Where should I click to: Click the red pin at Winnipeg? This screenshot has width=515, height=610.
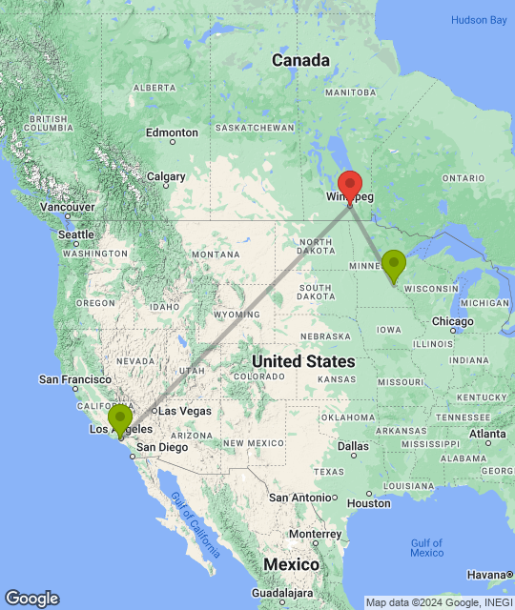(x=350, y=185)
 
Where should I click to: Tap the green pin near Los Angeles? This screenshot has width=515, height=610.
(x=119, y=419)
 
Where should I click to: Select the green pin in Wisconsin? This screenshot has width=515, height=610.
(x=393, y=264)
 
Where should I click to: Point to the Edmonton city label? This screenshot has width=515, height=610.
(x=172, y=132)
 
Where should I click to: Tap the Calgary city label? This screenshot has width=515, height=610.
(x=166, y=176)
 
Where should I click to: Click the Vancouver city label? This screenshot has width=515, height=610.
(x=67, y=207)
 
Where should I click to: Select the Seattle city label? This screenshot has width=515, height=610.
(x=77, y=234)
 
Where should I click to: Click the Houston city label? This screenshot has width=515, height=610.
(x=369, y=502)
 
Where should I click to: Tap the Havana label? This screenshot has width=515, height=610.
(x=487, y=574)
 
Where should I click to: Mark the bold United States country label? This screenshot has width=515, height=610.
(x=303, y=361)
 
